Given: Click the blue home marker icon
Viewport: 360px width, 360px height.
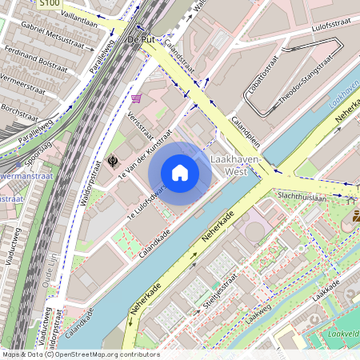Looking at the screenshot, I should click(x=180, y=172).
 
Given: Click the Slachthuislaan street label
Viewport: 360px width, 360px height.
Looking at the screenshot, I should click(x=302, y=197).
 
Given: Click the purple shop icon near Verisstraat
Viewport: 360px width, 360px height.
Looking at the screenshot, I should click(x=137, y=98).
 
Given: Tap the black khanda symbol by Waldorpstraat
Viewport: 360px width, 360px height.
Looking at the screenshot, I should click(x=112, y=161).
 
